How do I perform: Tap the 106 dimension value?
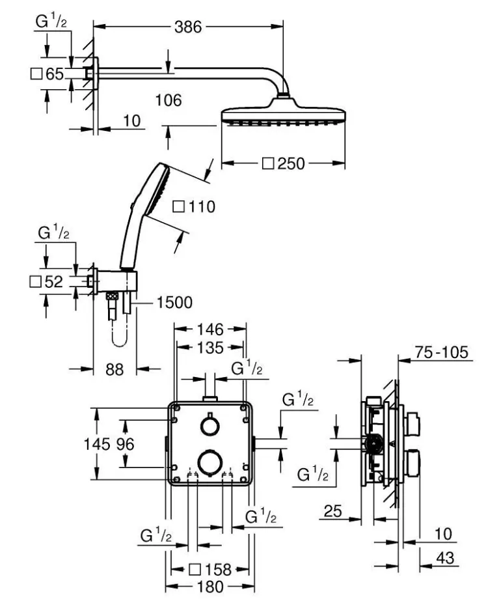169,101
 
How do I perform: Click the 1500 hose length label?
174,302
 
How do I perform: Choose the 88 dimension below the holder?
115,369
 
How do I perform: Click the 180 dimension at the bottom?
210,587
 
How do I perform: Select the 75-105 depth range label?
442,354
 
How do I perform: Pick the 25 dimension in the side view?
333,512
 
